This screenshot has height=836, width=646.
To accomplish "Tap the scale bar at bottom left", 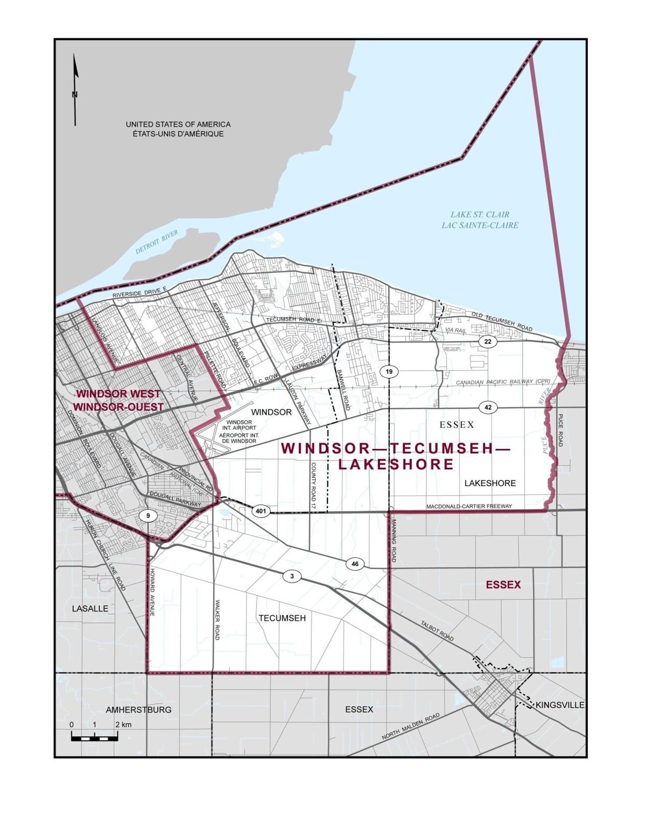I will click(94, 737).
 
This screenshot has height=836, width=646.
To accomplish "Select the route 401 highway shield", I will click(261, 511).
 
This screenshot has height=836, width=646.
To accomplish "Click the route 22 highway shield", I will click(488, 341).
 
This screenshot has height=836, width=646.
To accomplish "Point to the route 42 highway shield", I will click(488, 408).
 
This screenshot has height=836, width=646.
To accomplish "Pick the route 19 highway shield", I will click(389, 371).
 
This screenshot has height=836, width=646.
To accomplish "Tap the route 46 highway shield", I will click(354, 564).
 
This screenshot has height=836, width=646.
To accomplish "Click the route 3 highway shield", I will click(292, 577).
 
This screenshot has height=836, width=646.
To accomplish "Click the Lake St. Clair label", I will click(480, 220).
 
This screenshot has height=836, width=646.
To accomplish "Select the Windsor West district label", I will click(118, 401).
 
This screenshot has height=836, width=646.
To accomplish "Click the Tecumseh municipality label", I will click(282, 618).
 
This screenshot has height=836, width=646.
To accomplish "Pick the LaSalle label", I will click(90, 608).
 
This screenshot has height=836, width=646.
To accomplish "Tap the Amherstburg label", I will click(138, 709).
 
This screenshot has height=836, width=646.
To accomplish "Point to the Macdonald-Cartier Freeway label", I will click(468, 507).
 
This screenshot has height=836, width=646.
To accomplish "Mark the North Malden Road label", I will click(410, 726).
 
